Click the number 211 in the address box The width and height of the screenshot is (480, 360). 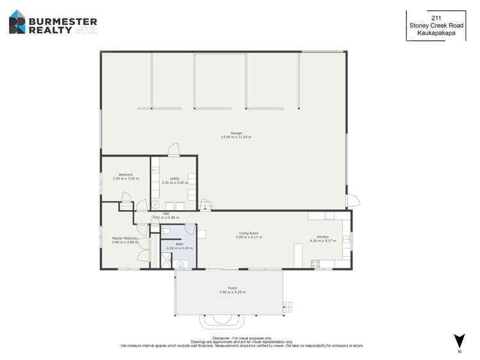click(x=436, y=19)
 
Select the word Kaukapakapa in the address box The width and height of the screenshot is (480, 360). click(x=436, y=33)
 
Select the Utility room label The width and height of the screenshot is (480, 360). click(x=174, y=179)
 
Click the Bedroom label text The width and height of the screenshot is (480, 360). click(x=126, y=175)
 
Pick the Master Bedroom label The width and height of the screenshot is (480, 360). click(x=124, y=238)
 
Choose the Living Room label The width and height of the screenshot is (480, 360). click(x=249, y=233)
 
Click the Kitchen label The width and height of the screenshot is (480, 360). click(x=322, y=237)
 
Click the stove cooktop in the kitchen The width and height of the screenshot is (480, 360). click(x=315, y=262)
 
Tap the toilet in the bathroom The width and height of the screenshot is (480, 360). click(x=166, y=231)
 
